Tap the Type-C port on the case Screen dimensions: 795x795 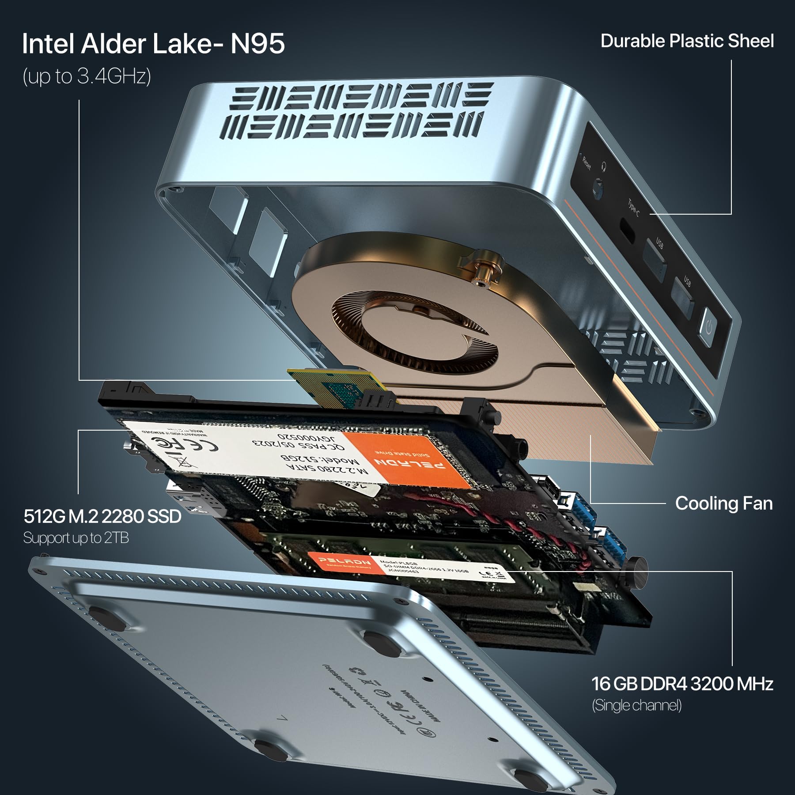tap(626, 227)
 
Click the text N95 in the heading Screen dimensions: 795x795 tap(257, 44)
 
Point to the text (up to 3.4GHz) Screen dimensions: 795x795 tap(87, 76)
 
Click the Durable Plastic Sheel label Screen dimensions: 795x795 tap(687, 41)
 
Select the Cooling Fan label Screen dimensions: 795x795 tap(723, 503)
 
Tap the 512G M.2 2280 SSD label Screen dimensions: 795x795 tap(102, 516)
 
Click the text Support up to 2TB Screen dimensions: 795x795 tap(76, 538)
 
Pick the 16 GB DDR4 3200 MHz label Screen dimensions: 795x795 tap(682, 684)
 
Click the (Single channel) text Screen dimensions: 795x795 tap(636, 705)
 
